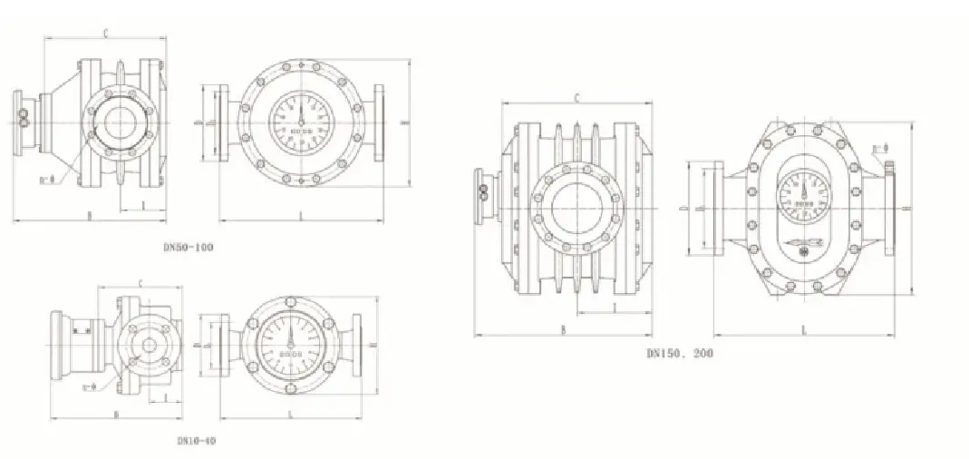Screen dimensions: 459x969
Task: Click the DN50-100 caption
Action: point(189,247)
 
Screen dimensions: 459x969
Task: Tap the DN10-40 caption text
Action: point(196,441)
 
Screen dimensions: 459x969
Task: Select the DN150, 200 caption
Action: point(679,354)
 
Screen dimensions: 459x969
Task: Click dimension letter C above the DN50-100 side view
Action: point(106,34)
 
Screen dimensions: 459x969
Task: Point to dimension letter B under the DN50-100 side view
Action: point(89,215)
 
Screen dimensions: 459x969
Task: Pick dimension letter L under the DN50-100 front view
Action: point(300,215)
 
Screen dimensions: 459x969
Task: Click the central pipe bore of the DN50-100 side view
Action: point(119,122)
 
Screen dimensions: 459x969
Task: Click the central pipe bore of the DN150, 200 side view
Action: point(575,208)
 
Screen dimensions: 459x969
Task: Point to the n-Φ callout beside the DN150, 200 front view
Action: point(878,148)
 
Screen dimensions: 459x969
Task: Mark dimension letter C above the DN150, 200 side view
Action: point(577,97)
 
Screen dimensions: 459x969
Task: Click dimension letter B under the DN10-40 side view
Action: point(116,414)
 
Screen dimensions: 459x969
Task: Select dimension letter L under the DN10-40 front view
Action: point(289,414)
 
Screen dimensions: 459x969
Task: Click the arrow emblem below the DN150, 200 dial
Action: point(803,243)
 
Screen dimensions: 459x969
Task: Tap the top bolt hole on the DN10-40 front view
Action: point(289,298)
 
